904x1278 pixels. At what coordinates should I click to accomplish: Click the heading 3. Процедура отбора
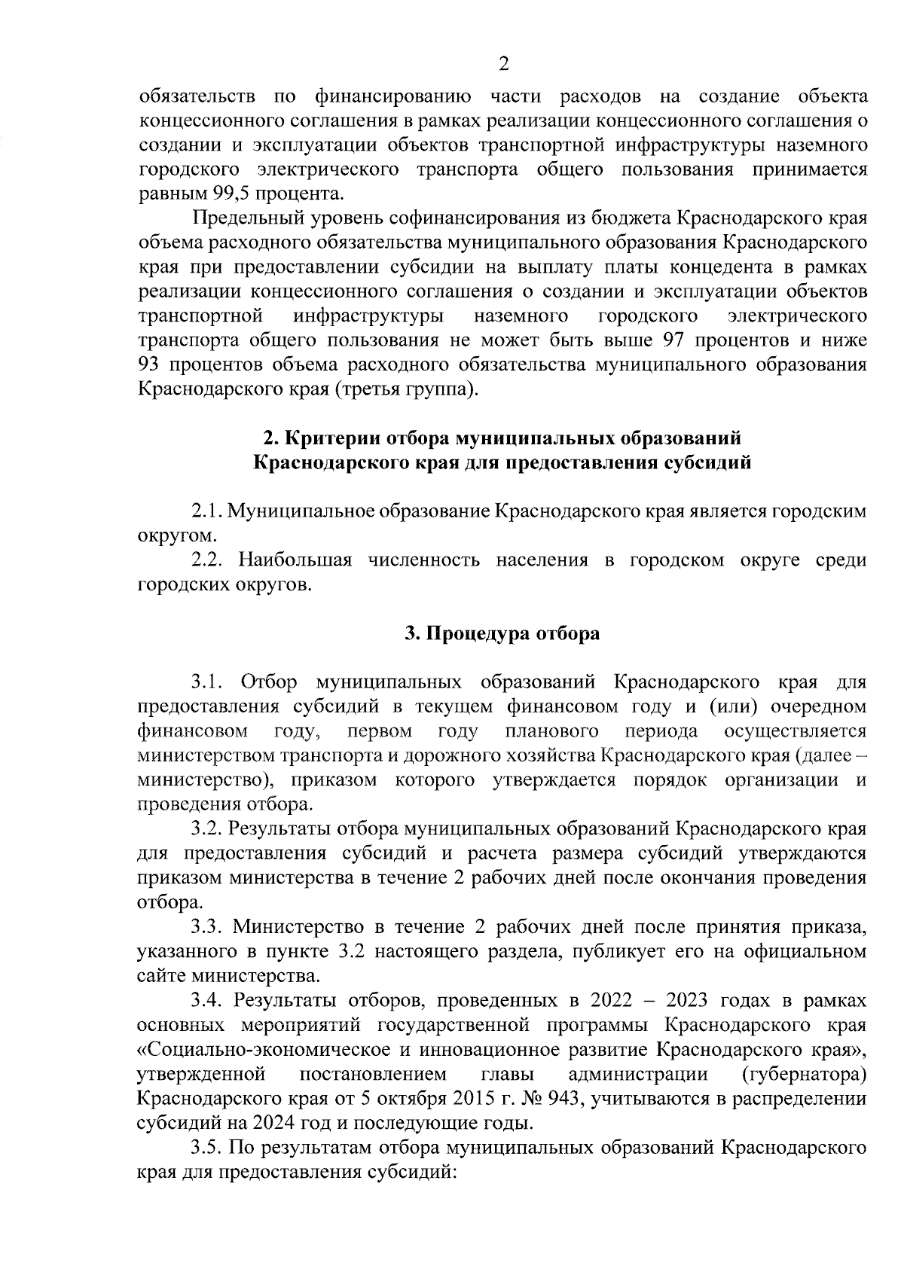(502, 633)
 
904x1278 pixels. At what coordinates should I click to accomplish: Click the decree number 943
(565, 1097)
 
